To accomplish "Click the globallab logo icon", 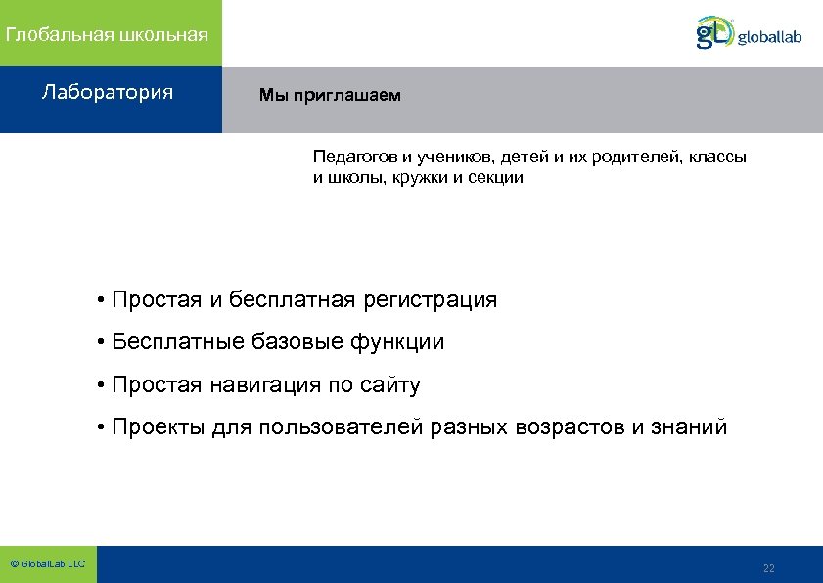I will tap(713, 32).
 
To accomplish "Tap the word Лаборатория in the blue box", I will tap(108, 93).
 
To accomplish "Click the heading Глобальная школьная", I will tap(107, 35).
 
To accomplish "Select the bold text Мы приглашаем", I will tap(330, 96).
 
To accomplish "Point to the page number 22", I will tap(768, 568).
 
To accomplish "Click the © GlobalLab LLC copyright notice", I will tap(47, 564).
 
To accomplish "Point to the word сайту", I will tap(389, 385).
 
